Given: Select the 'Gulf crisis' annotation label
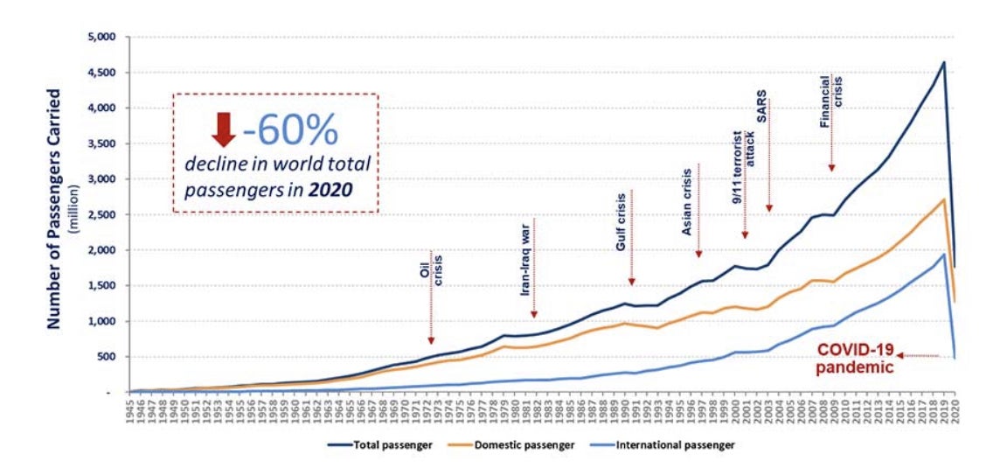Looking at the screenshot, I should [x=621, y=223].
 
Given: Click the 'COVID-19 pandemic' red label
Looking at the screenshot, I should [x=854, y=359].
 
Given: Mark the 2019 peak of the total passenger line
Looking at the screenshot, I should [x=944, y=62].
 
